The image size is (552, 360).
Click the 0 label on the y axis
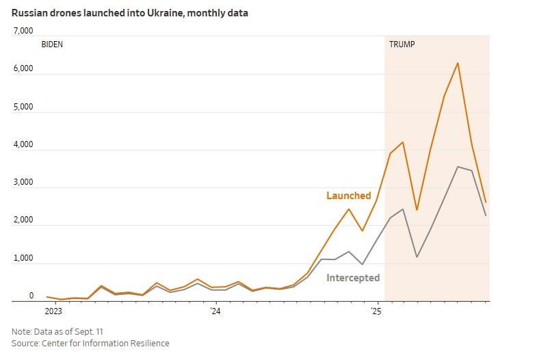31,296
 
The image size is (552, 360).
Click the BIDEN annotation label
52,44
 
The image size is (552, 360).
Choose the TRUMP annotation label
402,44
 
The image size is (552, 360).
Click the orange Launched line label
348,196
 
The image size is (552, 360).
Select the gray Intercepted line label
353,278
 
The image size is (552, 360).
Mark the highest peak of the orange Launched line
458,63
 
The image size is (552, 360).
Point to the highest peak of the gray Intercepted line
458,166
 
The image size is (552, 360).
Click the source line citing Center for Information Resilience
90,343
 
